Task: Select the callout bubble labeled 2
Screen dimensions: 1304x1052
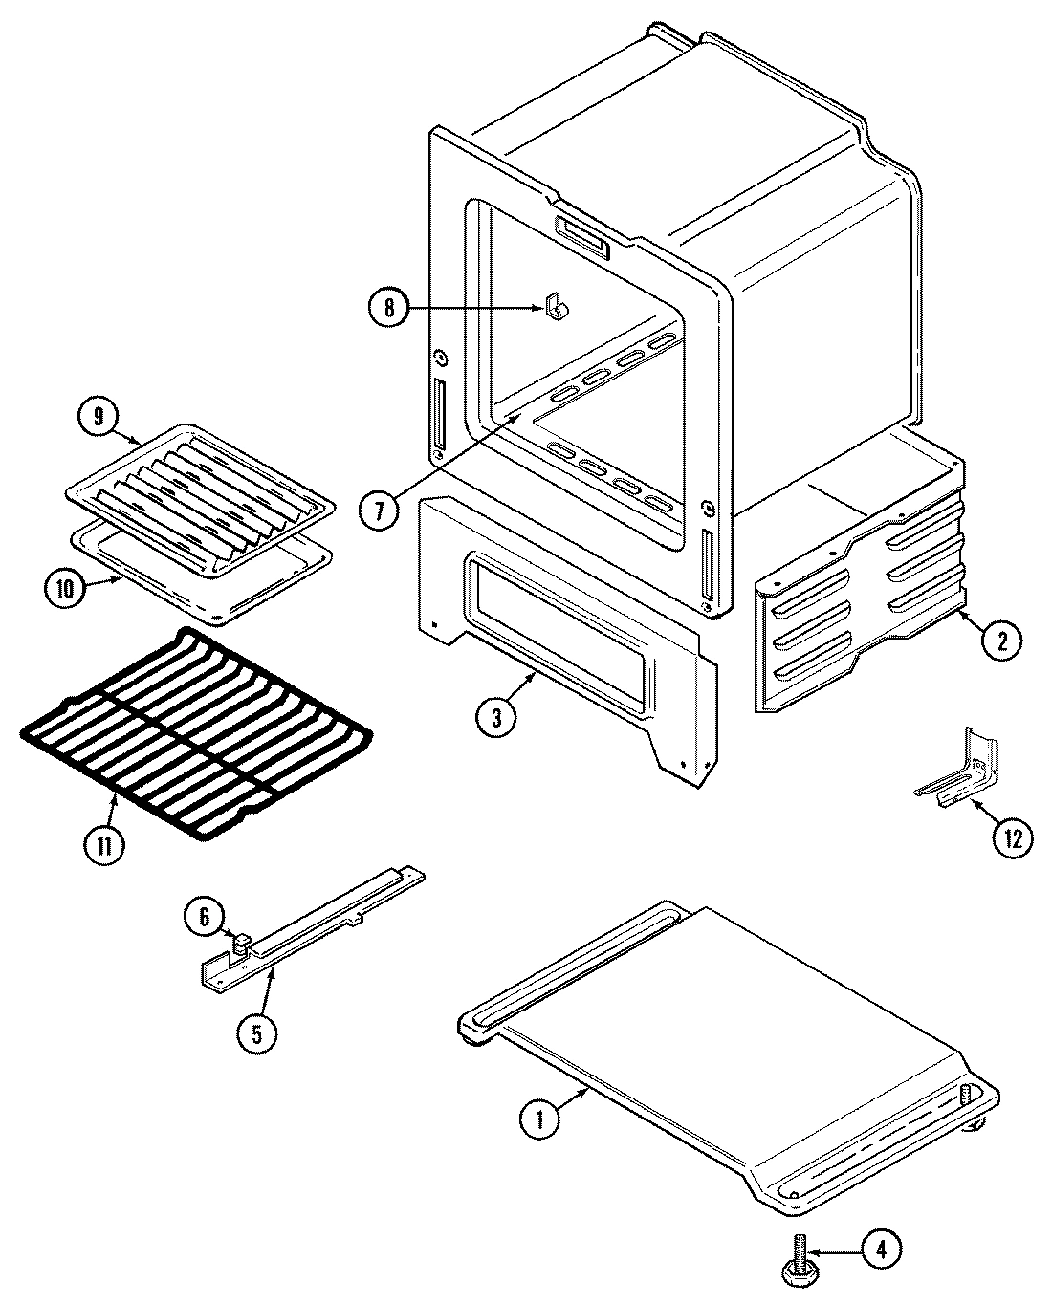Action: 1000,640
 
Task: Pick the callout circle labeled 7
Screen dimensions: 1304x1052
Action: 380,510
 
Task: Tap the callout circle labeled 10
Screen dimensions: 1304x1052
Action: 65,588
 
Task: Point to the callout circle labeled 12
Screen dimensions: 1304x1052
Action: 1013,838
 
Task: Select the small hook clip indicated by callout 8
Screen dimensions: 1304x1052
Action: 554,307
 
